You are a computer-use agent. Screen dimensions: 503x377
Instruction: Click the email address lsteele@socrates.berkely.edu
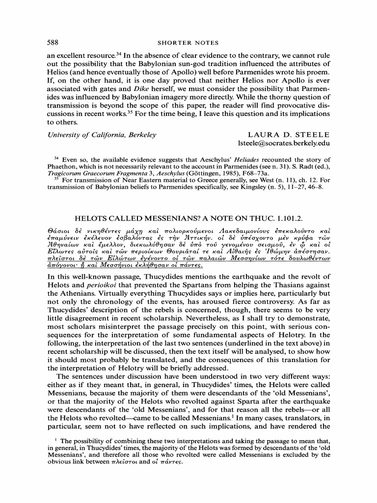point(284,143)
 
